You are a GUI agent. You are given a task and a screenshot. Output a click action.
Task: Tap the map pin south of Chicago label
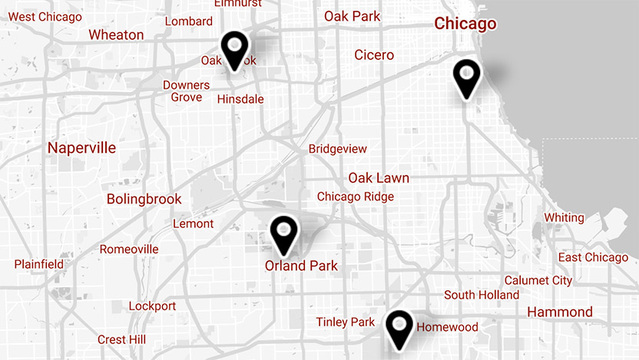click(x=466, y=77)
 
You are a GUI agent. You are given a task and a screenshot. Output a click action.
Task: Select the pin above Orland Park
click(x=284, y=233)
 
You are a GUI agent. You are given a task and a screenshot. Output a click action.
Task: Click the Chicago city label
click(x=465, y=24)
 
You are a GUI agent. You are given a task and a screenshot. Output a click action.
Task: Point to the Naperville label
click(x=81, y=147)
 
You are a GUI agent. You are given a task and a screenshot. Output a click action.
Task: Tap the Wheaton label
click(x=116, y=35)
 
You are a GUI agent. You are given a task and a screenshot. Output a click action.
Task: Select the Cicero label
click(x=374, y=54)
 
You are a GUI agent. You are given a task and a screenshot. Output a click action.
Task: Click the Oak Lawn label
click(x=379, y=178)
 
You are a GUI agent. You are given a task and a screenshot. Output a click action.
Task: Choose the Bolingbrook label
click(x=144, y=200)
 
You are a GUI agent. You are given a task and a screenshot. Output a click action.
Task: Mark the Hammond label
click(x=560, y=312)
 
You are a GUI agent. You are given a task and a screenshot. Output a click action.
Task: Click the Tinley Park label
click(x=346, y=322)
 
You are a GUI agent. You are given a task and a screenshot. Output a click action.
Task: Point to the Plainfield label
click(x=39, y=264)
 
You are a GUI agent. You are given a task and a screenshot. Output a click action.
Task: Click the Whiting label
click(x=564, y=218)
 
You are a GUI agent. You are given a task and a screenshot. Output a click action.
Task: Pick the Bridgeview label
click(x=338, y=149)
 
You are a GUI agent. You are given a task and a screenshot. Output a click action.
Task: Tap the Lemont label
click(x=194, y=224)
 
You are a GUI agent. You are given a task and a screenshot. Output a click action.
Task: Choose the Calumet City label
click(x=538, y=280)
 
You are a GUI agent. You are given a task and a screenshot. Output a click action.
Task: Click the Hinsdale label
click(x=240, y=99)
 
